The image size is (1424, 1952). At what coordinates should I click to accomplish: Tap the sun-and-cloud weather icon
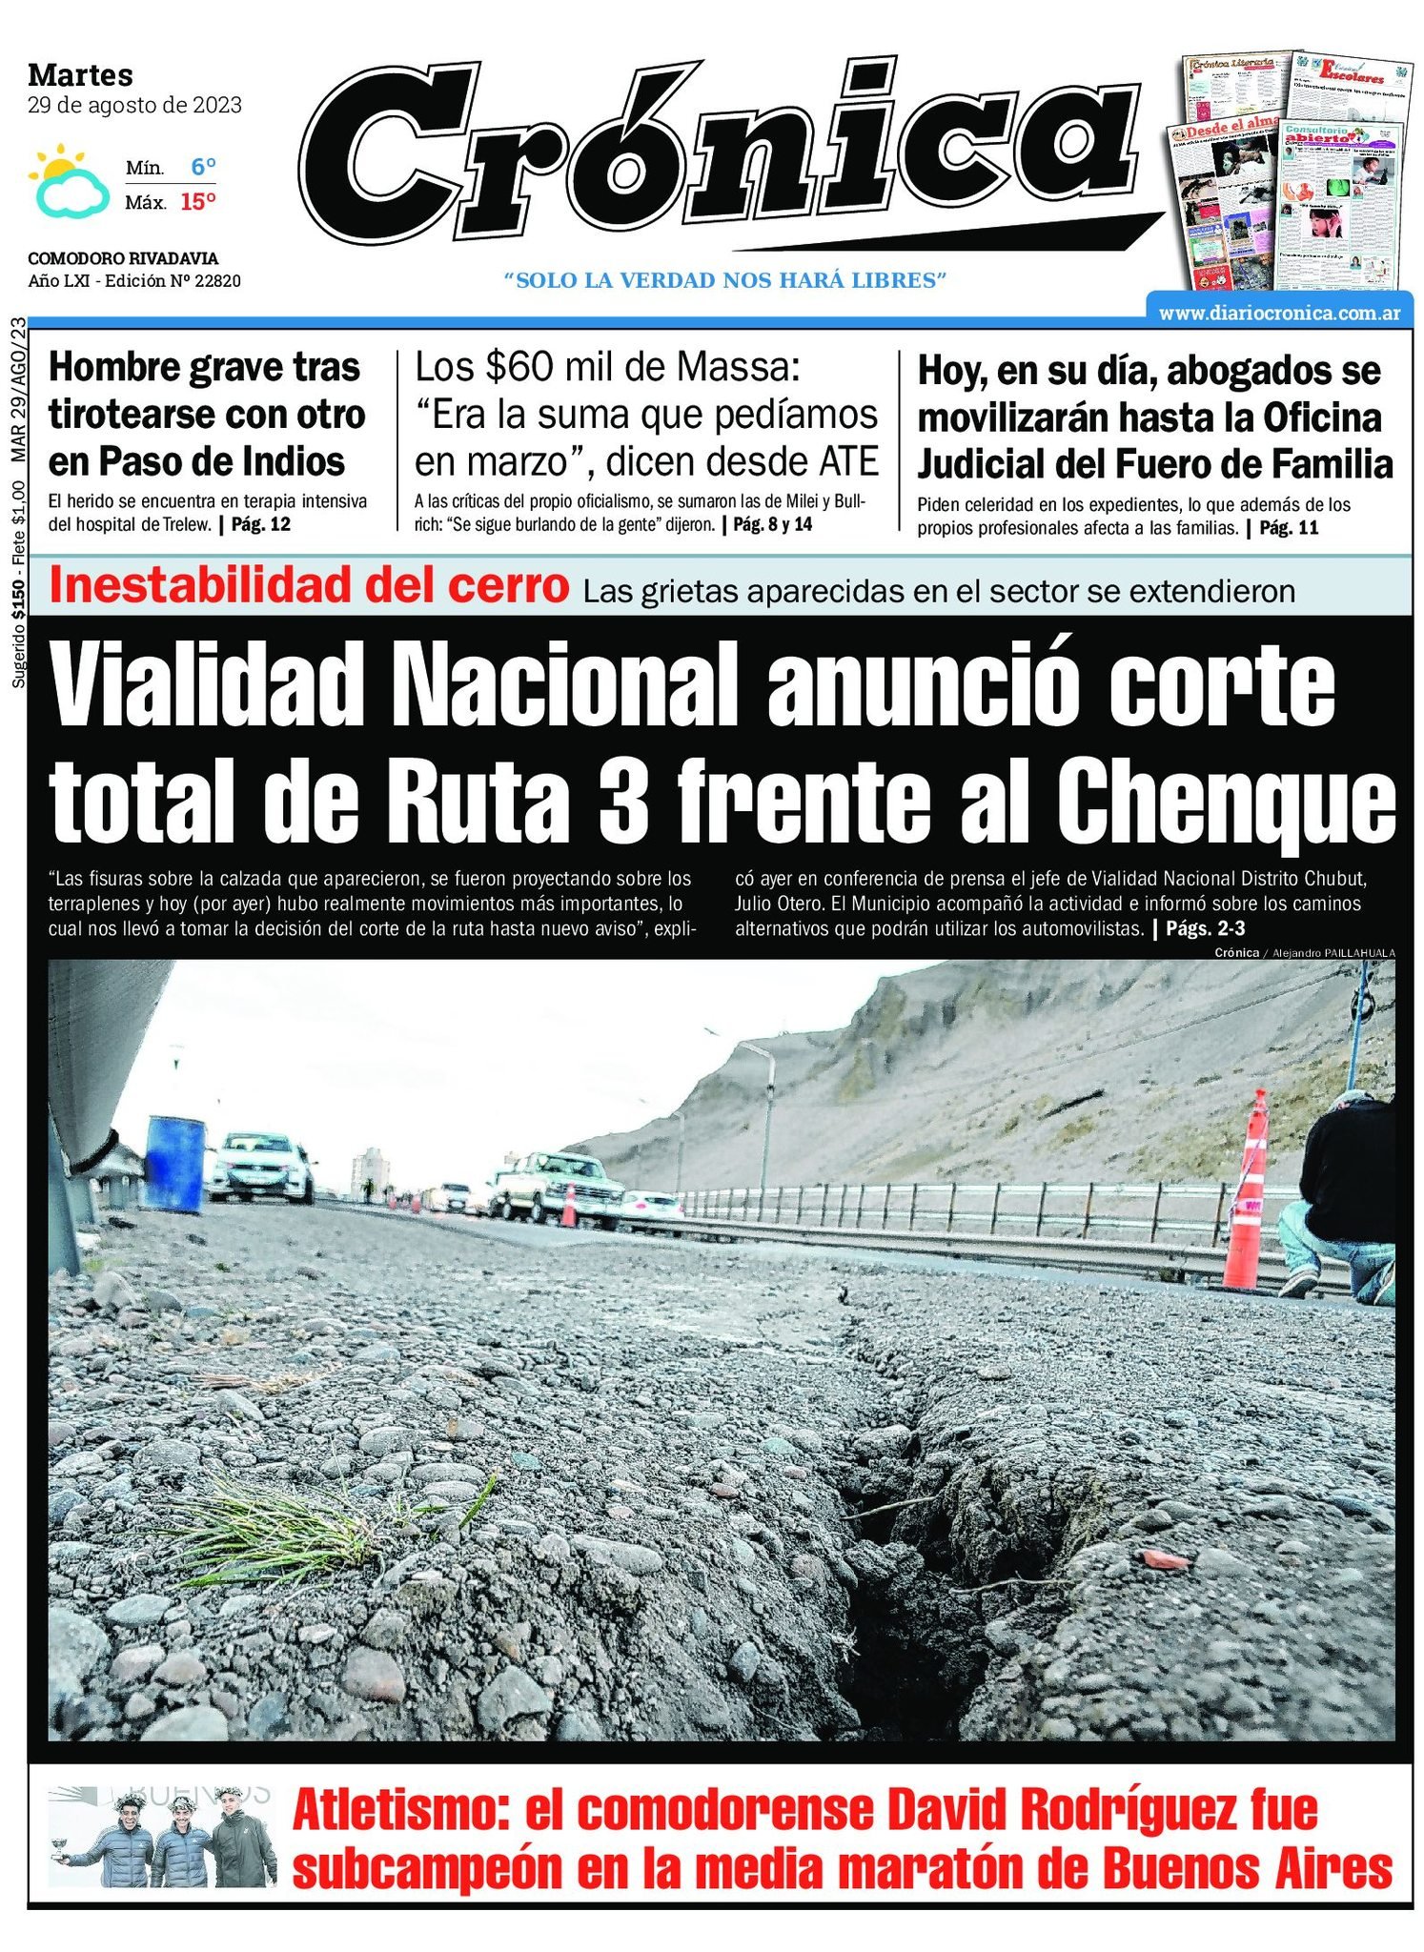tap(68, 180)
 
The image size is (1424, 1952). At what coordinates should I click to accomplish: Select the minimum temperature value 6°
tap(203, 168)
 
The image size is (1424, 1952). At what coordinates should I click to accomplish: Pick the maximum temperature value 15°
tap(198, 202)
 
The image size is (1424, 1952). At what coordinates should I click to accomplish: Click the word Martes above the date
tap(80, 74)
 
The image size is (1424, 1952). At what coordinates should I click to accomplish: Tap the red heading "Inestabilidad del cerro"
tap(309, 586)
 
